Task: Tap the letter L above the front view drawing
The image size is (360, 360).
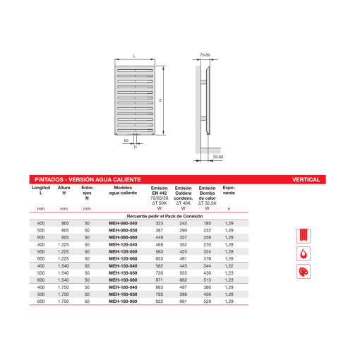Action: click(x=134, y=55)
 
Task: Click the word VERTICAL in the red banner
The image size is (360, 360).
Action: click(x=306, y=180)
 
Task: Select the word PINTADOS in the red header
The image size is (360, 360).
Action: click(x=52, y=180)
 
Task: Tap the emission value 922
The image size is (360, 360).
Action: click(x=159, y=301)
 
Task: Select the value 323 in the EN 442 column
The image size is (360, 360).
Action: click(x=159, y=224)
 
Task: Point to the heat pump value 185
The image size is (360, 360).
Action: click(x=207, y=224)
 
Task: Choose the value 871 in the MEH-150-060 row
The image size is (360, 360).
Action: click(x=159, y=280)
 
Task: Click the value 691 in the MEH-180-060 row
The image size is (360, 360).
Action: click(x=183, y=301)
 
